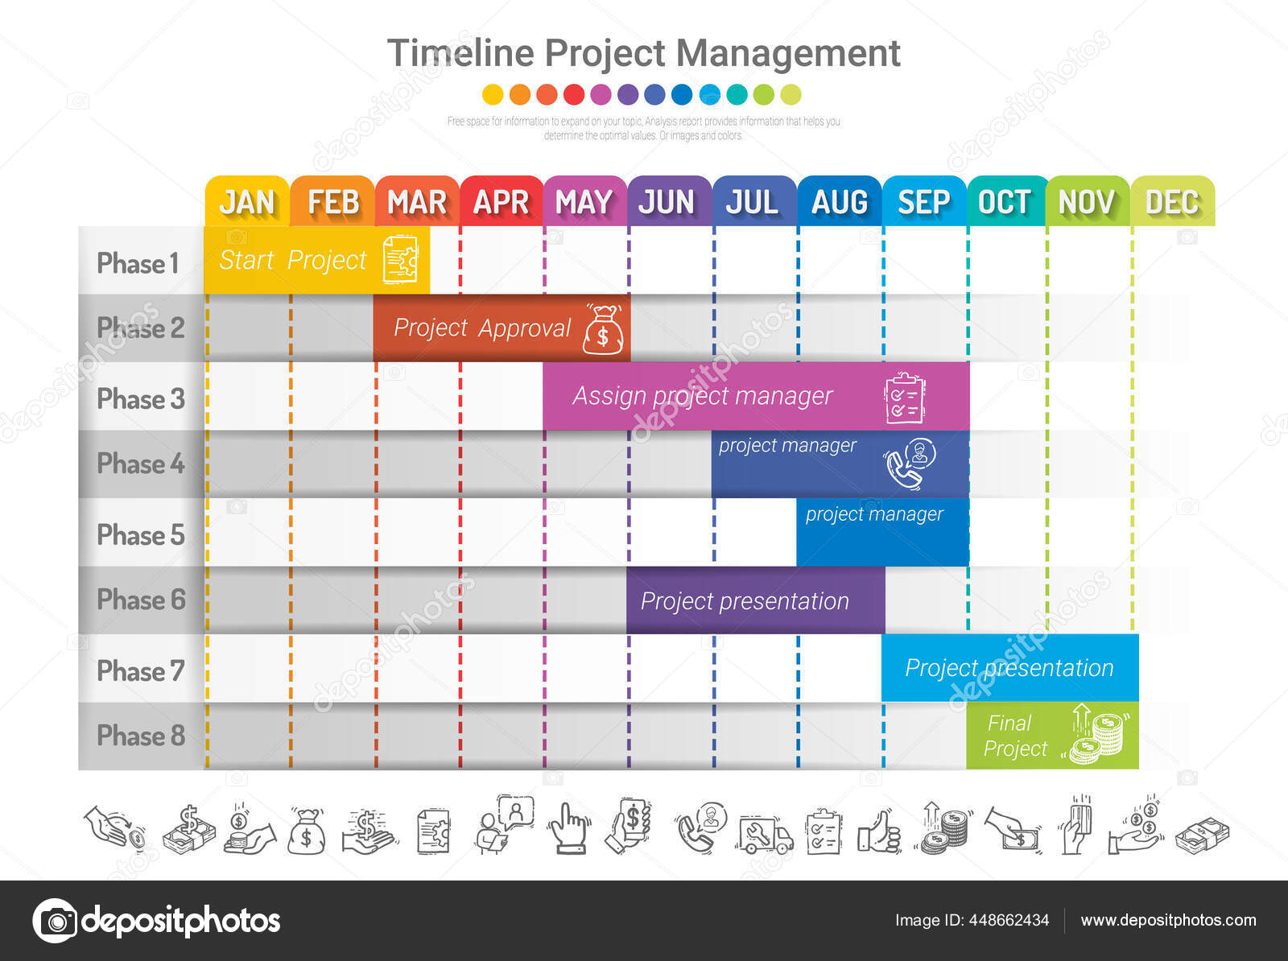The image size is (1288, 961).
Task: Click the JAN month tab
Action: coord(247,201)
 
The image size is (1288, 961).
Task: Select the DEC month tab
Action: coord(1172,201)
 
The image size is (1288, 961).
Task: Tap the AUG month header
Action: coord(840,201)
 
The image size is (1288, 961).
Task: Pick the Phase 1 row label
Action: coord(138,263)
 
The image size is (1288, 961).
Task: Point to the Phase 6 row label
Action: coord(141,600)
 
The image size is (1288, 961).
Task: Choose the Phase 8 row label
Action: coord(141,736)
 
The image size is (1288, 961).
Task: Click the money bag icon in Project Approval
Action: coord(603,330)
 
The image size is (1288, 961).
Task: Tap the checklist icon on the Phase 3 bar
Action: coord(905,398)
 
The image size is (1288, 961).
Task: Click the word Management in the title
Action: coord(788,54)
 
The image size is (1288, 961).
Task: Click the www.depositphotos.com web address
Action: coord(1168,920)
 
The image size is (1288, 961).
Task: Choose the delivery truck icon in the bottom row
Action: coord(764,834)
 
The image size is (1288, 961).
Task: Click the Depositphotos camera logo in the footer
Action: coord(56,920)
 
